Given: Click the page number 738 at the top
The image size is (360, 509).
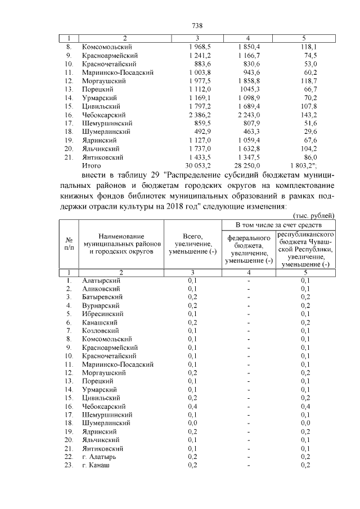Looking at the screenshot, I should pos(197,26).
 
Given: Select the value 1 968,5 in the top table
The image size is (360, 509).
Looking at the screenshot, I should pos(200,47).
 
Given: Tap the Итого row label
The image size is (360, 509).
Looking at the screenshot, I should pos(91,166).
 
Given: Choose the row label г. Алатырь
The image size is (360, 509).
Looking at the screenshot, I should pos(99,457).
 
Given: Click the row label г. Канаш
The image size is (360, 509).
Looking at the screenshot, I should pos(96,465).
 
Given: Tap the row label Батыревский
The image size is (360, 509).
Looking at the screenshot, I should pos(102,296).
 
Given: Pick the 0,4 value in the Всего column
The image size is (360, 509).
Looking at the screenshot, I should pos(192,406).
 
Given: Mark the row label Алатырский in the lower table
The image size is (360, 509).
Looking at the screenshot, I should pos(101,280).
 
